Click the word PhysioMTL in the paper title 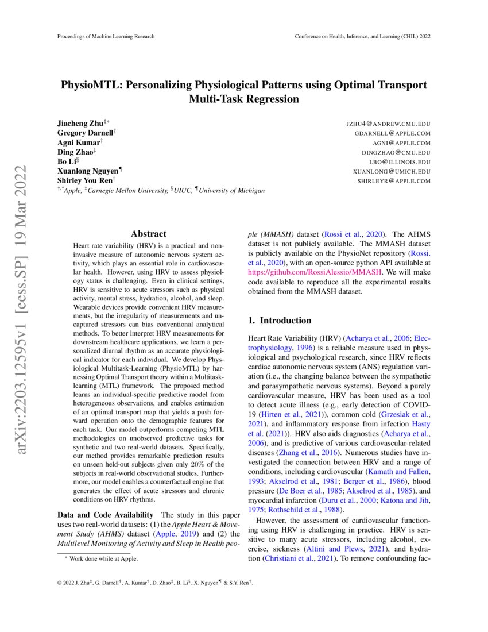click(92, 84)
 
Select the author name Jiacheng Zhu click(80, 124)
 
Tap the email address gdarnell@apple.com click(392, 133)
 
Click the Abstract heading click(149, 234)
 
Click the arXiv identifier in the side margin click(21, 310)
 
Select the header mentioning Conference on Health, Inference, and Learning click(362, 36)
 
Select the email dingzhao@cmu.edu click(396, 152)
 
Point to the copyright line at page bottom click(155, 583)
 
